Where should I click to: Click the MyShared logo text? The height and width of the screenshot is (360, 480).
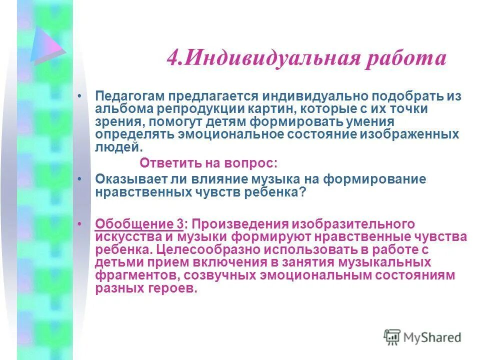(x=432, y=337)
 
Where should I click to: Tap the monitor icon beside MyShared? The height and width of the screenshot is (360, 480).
(x=392, y=337)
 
